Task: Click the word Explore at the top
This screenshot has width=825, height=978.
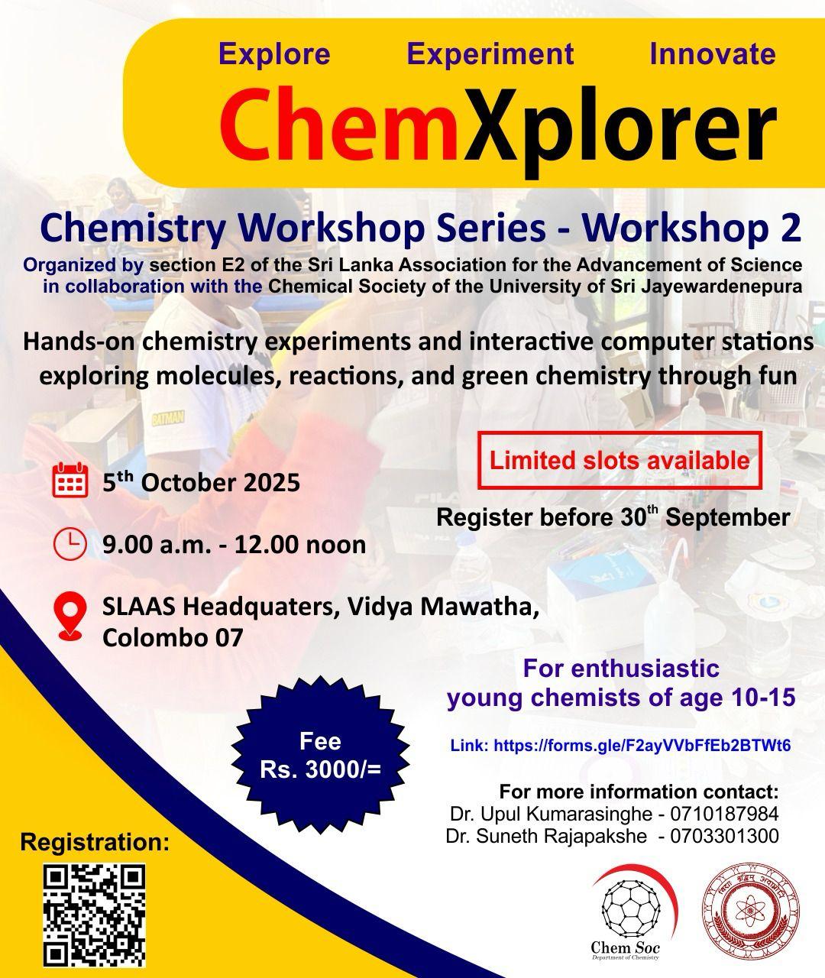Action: click(274, 53)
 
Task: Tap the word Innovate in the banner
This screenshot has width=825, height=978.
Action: click(713, 53)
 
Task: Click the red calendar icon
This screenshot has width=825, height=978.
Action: click(70, 480)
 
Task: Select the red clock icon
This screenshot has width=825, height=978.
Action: click(70, 544)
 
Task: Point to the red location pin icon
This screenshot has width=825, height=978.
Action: click(70, 616)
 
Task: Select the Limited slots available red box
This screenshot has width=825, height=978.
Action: click(620, 461)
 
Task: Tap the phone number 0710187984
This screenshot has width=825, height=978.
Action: click(724, 814)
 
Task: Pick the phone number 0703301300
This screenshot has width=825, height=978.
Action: click(724, 836)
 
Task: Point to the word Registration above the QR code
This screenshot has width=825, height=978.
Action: click(95, 842)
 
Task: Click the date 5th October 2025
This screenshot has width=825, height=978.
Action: click(202, 482)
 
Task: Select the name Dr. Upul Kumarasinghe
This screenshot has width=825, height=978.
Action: click(551, 814)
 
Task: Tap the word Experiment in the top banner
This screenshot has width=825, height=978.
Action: click(490, 55)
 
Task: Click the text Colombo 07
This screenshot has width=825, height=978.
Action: click(173, 637)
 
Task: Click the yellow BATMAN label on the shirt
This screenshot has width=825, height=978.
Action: click(168, 417)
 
